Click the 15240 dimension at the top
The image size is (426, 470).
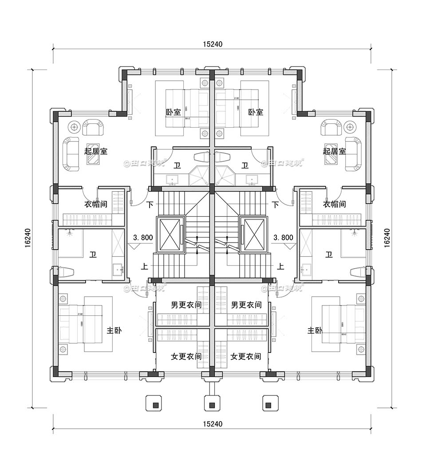(x=212, y=44)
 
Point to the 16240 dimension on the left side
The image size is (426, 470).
(x=28, y=238)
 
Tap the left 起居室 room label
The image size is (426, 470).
(x=96, y=151)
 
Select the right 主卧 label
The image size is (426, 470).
(x=315, y=331)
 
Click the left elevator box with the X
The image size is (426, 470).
(x=169, y=234)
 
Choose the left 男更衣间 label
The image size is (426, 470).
(x=186, y=305)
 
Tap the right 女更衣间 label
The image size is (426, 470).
(x=246, y=356)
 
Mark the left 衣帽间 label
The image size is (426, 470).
(x=96, y=204)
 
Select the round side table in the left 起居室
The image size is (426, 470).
(x=74, y=127)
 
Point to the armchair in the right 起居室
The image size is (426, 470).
(x=331, y=128)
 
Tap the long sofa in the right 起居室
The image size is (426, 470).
(x=354, y=153)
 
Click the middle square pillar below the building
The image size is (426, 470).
(x=212, y=405)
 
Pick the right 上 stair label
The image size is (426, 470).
(x=280, y=266)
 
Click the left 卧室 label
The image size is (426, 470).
(x=174, y=112)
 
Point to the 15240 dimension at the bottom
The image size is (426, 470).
(x=212, y=424)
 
